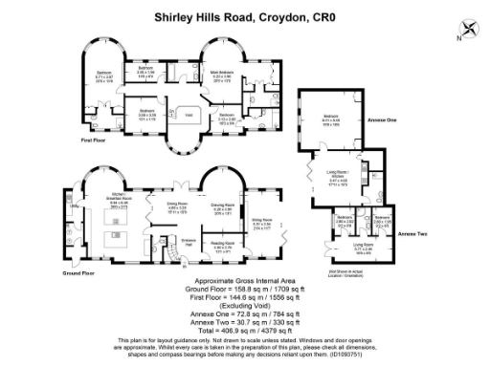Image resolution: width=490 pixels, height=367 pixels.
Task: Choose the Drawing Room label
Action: (x=223, y=205)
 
